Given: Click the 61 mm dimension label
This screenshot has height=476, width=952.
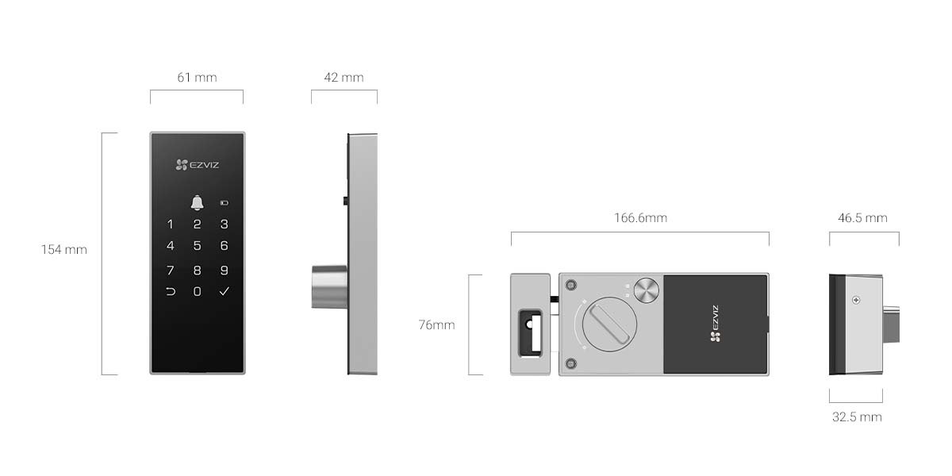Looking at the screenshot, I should coord(197,78).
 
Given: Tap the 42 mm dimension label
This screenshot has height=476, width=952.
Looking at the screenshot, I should coord(344,78).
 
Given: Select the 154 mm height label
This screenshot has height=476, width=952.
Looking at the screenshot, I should coord(64,250).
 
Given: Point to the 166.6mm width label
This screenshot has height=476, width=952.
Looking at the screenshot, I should coord(640,218).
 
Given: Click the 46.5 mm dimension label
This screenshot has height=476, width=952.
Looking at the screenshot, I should coord(862,218).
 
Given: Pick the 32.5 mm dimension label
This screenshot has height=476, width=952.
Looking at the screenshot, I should coord(857,416).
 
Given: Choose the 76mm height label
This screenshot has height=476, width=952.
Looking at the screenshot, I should coord(437,325).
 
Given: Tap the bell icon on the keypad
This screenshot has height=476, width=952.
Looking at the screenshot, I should coord(197,203).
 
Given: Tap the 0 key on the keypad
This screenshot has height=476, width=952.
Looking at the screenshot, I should coord(197,292).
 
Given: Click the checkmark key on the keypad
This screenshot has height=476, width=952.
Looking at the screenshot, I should coord(225,292).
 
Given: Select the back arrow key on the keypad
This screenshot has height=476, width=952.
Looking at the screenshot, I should coord(170,292).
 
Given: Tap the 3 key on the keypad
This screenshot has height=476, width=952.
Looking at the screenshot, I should coord(225,225).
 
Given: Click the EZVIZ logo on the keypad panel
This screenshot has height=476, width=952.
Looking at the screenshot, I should coord(197,165).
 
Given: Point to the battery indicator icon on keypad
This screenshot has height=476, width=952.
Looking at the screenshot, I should coord(225,203).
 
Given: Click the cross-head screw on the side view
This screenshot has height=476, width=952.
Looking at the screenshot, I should coord(855,301).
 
